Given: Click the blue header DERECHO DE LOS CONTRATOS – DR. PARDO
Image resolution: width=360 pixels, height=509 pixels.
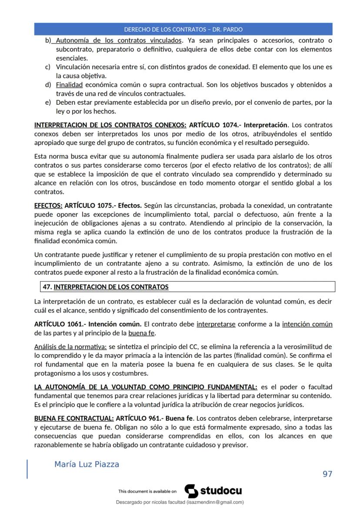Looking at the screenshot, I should pyautogui.click(x=183, y=30).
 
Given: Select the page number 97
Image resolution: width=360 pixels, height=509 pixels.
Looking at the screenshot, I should pyautogui.click(x=327, y=474).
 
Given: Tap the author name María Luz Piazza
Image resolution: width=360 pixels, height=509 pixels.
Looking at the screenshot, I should pyautogui.click(x=87, y=464).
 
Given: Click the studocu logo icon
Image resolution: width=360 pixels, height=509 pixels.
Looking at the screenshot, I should pyautogui.click(x=191, y=491).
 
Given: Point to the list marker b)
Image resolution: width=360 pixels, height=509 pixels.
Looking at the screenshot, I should pyautogui.click(x=48, y=41).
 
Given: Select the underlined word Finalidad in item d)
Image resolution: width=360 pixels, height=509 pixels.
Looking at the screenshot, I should pyautogui.click(x=69, y=85).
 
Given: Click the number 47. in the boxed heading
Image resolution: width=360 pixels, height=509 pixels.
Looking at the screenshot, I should pyautogui.click(x=47, y=287).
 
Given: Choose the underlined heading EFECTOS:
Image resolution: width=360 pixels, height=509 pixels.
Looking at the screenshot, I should pyautogui.click(x=48, y=205).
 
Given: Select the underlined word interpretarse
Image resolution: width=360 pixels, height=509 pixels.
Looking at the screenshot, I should pyautogui.click(x=216, y=324).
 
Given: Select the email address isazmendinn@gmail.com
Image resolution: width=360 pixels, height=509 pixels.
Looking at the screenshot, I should pyautogui.click(x=215, y=502).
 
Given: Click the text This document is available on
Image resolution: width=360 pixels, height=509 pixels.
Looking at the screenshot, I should pyautogui.click(x=147, y=492).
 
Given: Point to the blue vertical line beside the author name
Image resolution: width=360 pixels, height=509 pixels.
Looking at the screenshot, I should pyautogui.click(x=27, y=469).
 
